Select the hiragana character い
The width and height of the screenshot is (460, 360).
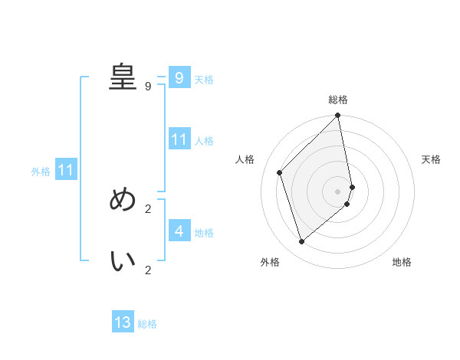tap(123, 261)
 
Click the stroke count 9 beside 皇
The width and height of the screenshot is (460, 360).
tap(148, 86)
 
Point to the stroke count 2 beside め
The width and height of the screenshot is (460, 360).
tap(148, 208)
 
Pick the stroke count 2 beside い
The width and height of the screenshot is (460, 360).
tap(148, 270)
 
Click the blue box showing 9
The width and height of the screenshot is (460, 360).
tap(179, 77)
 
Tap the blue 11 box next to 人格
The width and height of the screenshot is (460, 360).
tap(179, 139)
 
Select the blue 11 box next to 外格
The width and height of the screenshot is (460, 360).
tap(65, 170)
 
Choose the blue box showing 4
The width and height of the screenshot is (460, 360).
tap(179, 231)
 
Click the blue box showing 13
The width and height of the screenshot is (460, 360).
tap(123, 322)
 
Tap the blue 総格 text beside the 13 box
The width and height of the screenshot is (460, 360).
tap(147, 324)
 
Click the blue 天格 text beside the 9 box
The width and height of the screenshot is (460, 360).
tap(204, 79)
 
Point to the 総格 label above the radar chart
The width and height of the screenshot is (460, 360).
tap(338, 100)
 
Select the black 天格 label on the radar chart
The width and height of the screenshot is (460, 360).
tap(432, 159)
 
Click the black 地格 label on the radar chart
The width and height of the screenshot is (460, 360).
tap(402, 262)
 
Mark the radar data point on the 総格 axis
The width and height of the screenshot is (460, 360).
tap(338, 116)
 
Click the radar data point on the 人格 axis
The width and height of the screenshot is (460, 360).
tap(280, 172)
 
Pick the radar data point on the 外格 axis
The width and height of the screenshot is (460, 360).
tap(302, 241)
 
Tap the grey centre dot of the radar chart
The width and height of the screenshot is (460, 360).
tap(337, 191)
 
